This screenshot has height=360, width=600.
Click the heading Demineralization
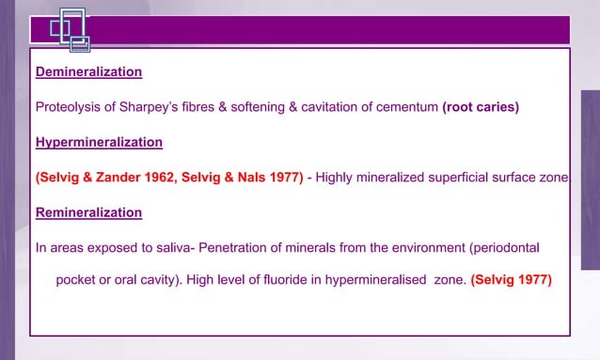click(x=88, y=71)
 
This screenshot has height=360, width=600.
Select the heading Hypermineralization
click(x=99, y=142)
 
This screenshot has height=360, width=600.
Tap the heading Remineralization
click(x=88, y=212)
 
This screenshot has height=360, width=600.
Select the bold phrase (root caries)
click(x=480, y=106)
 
